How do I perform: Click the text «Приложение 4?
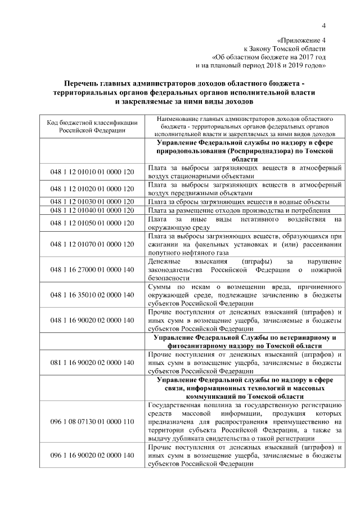302,40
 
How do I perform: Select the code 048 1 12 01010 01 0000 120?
92,172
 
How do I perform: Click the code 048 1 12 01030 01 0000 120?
92,201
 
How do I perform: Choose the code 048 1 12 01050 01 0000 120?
92,223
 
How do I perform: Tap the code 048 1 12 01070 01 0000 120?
92,244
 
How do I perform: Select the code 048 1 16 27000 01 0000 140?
92,269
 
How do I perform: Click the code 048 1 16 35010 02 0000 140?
92,295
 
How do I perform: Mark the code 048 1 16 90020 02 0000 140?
92,320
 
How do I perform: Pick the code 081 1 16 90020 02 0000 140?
92,362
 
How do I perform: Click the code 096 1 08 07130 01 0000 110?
92,421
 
